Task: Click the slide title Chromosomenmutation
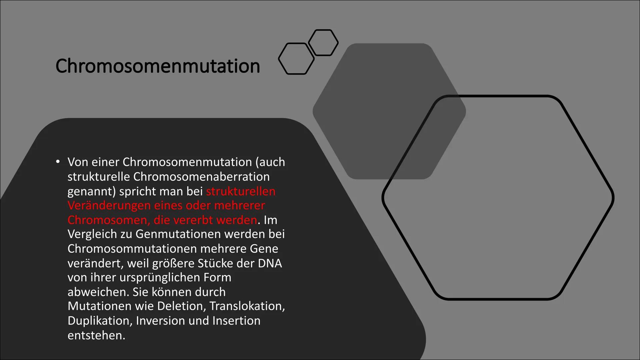158,66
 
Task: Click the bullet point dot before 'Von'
58,162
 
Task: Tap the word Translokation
247,306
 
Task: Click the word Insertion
236,321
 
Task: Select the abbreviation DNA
270,263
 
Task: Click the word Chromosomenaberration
201,177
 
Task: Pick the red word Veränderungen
109,205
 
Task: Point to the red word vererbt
194,220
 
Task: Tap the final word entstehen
96,335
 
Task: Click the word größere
173,263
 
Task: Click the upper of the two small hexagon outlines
323,42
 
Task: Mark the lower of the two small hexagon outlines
296,59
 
